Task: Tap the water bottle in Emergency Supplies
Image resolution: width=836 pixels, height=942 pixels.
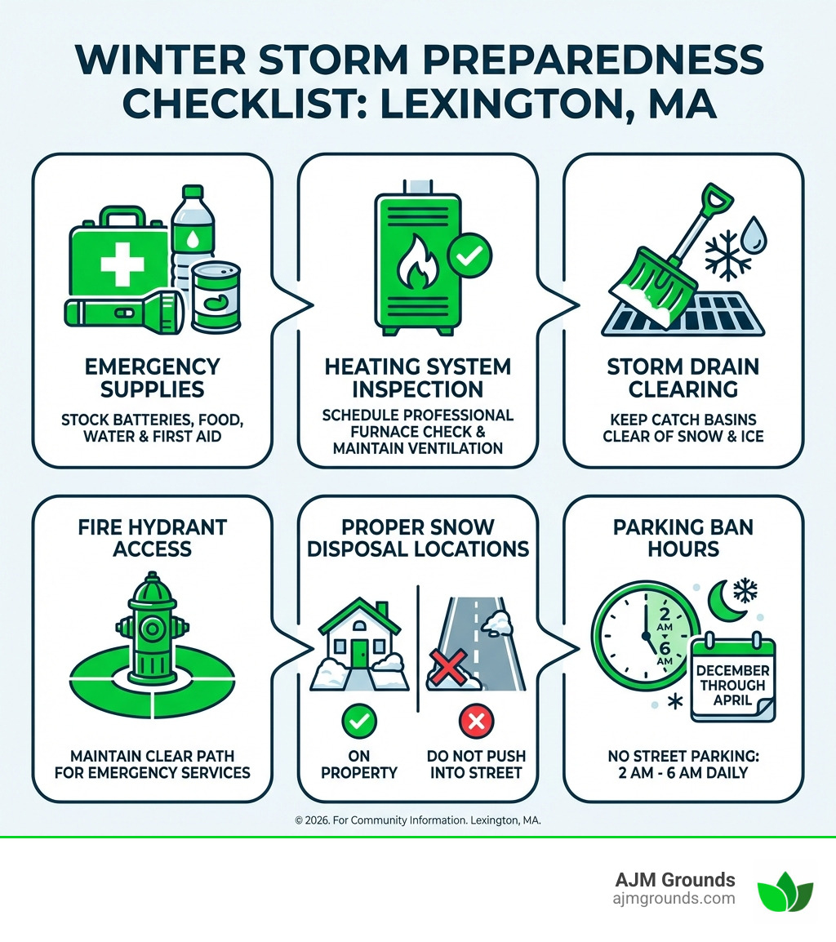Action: [193, 237]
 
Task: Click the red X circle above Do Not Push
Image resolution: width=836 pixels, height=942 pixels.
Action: [475, 721]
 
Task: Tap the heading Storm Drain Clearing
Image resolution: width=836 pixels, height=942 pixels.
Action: [683, 377]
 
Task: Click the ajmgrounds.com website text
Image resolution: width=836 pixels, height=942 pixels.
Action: [674, 899]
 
